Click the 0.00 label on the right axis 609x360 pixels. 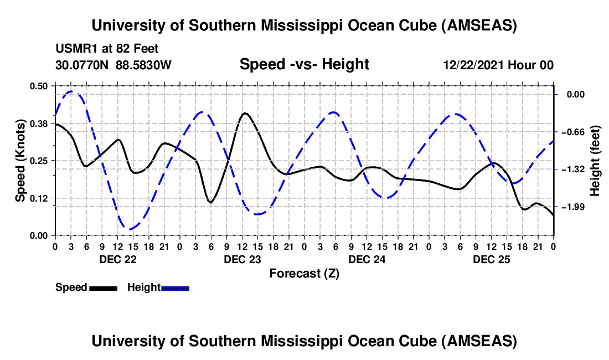coord(576,95)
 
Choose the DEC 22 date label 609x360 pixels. coord(118,259)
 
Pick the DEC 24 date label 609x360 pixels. coord(368,259)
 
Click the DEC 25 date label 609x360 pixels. coord(492,259)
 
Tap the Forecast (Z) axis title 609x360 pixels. coord(304,274)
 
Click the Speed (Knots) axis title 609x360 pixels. coord(20,160)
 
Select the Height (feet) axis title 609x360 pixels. coord(595,160)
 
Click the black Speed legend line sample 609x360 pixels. coord(103,287)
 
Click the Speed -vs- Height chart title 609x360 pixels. coord(304,64)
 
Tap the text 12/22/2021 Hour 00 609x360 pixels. coord(498,65)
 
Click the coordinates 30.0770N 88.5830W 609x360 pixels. coord(113,65)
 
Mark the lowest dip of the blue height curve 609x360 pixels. coord(130,229)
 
